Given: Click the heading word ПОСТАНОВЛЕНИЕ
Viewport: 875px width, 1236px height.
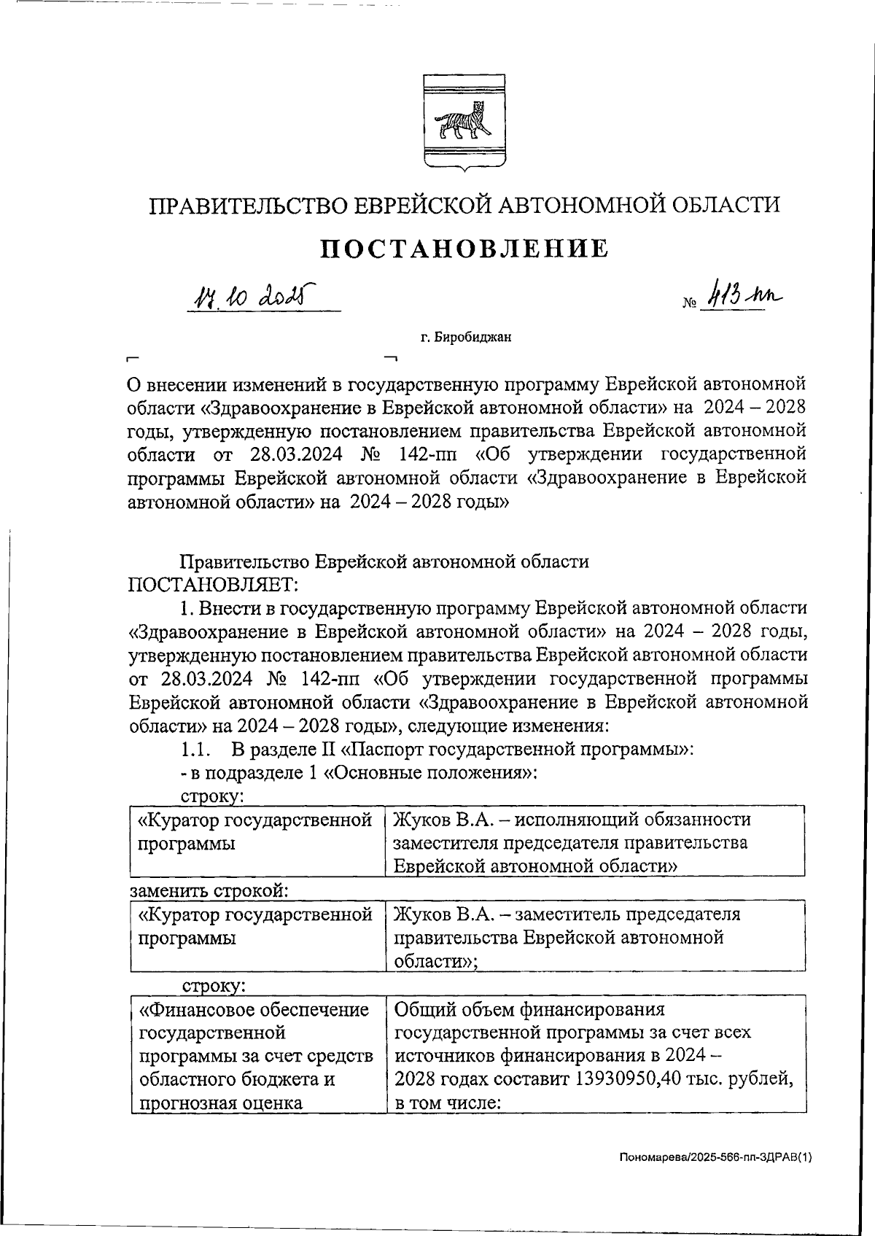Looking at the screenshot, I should tap(464, 249).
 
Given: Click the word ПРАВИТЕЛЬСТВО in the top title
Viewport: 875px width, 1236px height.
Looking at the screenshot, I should tap(248, 205).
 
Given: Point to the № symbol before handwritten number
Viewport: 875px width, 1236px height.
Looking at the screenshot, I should tap(689, 302).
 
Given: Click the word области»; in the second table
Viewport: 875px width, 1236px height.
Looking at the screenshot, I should tap(435, 961).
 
